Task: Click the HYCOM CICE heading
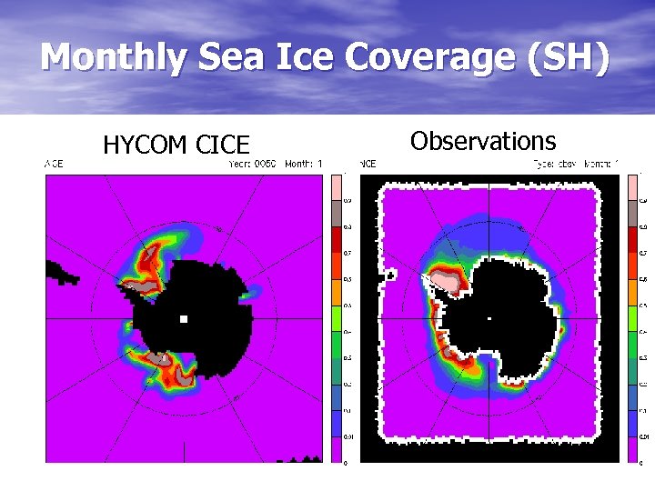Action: pos(176,145)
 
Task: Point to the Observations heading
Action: pos(482,141)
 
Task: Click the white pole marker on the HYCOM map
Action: pos(184,319)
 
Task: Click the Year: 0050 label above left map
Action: pos(251,164)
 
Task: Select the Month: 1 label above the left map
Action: pos(304,164)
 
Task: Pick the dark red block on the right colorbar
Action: pos(634,239)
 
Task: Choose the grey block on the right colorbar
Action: pos(634,213)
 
